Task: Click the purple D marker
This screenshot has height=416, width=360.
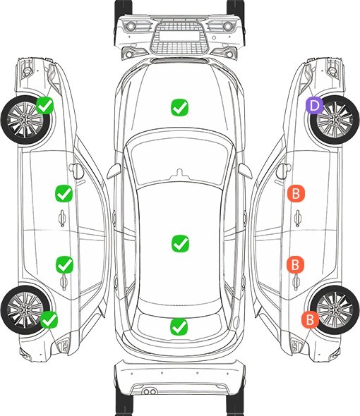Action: tap(314, 105)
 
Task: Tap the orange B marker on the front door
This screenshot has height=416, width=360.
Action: tap(296, 193)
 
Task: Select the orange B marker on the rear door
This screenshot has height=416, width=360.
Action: tap(295, 264)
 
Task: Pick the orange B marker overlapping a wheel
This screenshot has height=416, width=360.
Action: tap(310, 319)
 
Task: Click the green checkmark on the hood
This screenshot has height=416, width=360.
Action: tap(179, 107)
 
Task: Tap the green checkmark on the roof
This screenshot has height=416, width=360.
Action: tap(181, 243)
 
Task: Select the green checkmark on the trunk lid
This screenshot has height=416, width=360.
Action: tap(179, 326)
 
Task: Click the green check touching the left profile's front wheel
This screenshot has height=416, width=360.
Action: tap(45, 105)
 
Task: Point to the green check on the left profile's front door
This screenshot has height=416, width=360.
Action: tap(64, 193)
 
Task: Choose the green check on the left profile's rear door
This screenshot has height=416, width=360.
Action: tap(64, 264)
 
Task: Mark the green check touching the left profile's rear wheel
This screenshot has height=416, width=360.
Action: tap(49, 319)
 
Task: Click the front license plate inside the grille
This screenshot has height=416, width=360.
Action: tap(179, 36)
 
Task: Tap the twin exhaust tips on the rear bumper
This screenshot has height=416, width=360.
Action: tap(150, 391)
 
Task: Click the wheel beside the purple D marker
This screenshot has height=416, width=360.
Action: tap(335, 120)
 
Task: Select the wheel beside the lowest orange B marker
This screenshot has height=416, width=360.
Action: tap(335, 310)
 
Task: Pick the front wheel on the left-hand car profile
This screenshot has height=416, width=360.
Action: tap(25, 120)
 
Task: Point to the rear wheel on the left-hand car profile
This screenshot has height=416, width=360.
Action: tap(25, 310)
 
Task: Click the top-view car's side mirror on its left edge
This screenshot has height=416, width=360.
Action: tap(114, 171)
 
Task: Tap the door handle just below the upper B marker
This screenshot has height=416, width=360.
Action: tap(298, 218)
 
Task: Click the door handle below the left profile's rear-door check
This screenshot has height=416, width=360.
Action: tap(64, 282)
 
